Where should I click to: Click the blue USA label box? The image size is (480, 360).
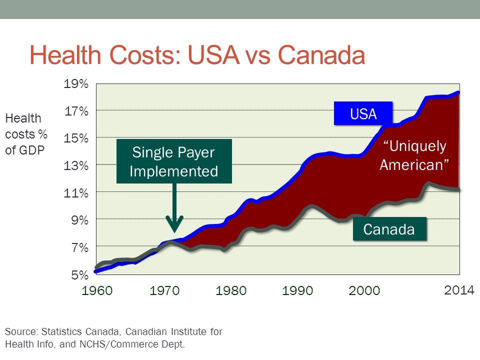(x=363, y=113)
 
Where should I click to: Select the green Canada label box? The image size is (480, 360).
(x=389, y=229)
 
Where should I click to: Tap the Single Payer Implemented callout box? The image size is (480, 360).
(x=174, y=161)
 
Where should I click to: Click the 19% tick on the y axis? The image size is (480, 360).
(x=76, y=83)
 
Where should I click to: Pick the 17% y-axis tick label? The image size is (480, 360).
(x=76, y=111)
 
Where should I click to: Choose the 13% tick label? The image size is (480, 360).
(x=76, y=165)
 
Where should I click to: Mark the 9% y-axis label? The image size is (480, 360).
(x=80, y=220)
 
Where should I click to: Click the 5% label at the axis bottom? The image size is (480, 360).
(x=80, y=274)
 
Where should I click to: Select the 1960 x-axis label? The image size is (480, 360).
(x=97, y=290)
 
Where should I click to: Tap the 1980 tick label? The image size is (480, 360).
(x=231, y=290)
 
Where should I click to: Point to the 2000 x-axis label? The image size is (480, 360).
(x=364, y=290)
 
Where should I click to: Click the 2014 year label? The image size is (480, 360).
(x=459, y=290)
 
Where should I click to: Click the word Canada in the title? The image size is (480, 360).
(x=321, y=55)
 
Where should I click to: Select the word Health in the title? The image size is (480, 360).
(x=65, y=55)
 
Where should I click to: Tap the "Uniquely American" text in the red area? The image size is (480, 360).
(x=414, y=155)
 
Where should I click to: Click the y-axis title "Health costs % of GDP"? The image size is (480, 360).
(x=26, y=134)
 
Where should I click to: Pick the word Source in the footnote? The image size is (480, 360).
(x=21, y=331)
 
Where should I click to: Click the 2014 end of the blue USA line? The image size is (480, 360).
(x=458, y=92)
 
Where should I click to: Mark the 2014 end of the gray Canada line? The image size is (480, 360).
(x=458, y=190)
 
